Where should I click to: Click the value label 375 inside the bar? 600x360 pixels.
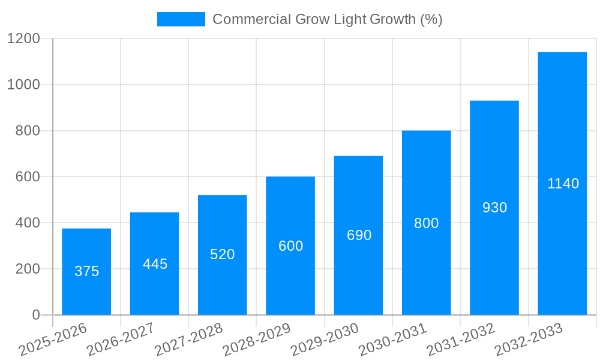click(86, 271)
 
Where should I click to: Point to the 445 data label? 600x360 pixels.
click(155, 264)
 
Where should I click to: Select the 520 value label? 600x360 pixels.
click(223, 254)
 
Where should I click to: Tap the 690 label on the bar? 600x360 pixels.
click(359, 235)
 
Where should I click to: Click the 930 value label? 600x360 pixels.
click(494, 208)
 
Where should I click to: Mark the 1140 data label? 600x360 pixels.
click(563, 184)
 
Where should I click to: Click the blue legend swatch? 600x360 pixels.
click(181, 19)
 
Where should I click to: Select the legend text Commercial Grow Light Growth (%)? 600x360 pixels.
click(328, 19)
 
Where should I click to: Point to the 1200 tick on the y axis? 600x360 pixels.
click(23, 38)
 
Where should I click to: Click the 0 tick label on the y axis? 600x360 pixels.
click(35, 315)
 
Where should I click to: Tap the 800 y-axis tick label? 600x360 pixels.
click(27, 131)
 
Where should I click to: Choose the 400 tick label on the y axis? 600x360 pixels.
click(27, 223)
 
